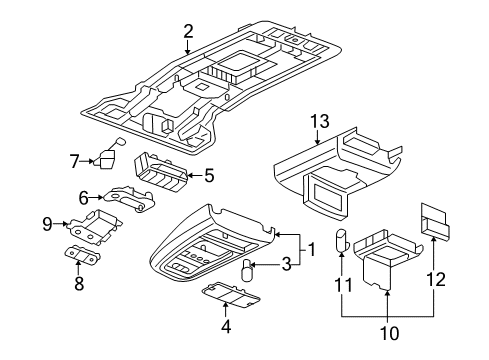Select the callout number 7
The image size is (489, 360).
(74, 159)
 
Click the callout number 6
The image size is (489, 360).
(83, 198)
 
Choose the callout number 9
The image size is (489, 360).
(48, 223)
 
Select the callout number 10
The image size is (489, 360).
(387, 332)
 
